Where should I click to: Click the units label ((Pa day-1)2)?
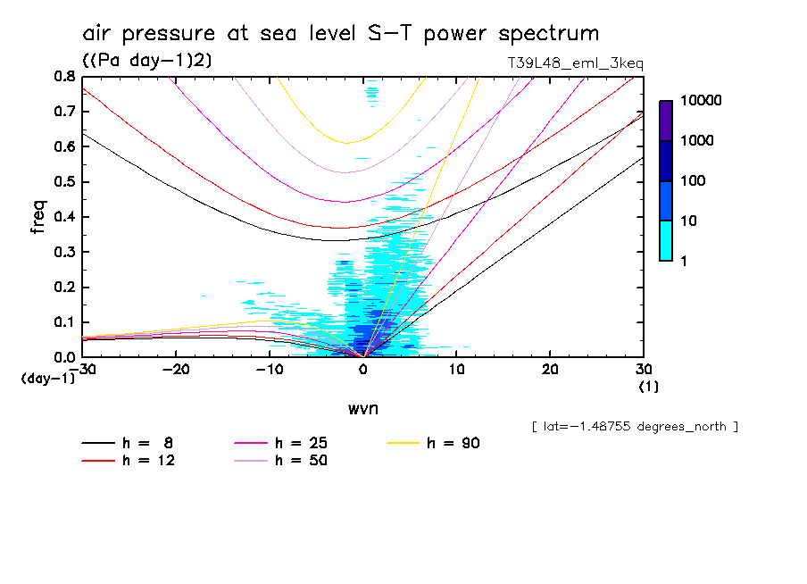pos(146,61)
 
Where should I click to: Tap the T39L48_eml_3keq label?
pos(574,63)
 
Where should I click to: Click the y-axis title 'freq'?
pos(38,217)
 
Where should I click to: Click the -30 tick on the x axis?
pos(84,370)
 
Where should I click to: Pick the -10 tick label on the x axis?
pos(270,370)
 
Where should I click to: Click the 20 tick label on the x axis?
pos(549,370)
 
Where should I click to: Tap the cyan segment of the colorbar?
pos(666,240)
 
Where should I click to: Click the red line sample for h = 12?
pos(98,461)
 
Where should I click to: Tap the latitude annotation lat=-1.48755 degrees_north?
pos(634,427)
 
